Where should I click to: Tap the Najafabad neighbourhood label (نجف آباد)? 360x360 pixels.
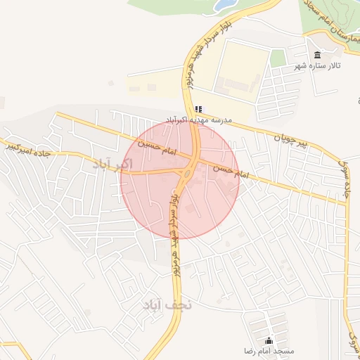[x=167, y=305]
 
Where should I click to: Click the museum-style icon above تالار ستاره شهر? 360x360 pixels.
[x=317, y=55]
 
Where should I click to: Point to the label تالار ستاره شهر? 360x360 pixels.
[x=317, y=65]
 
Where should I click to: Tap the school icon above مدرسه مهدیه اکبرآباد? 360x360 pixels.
[x=199, y=109]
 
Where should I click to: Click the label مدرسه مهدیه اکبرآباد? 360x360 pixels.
[x=199, y=120]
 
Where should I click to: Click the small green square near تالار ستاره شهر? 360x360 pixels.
[x=278, y=58]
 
